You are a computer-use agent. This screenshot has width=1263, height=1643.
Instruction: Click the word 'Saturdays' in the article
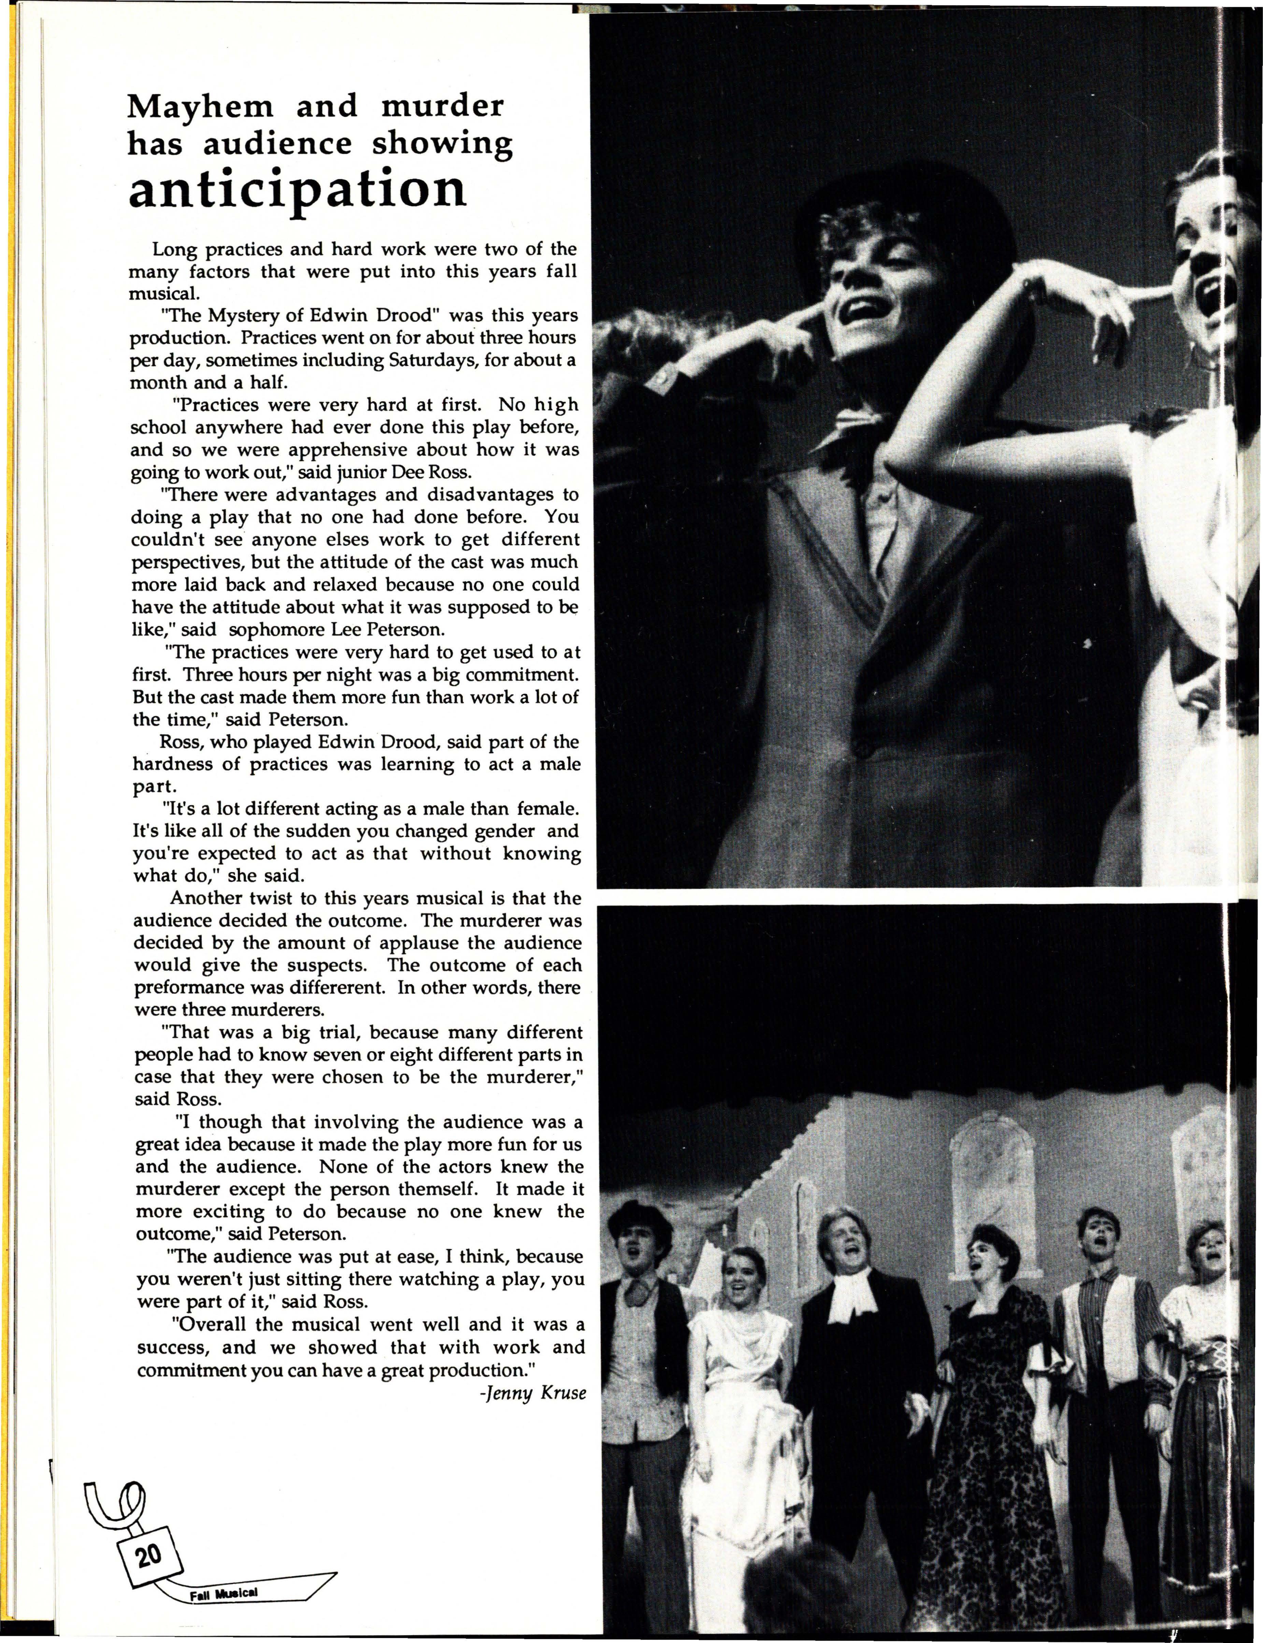click(432, 360)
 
